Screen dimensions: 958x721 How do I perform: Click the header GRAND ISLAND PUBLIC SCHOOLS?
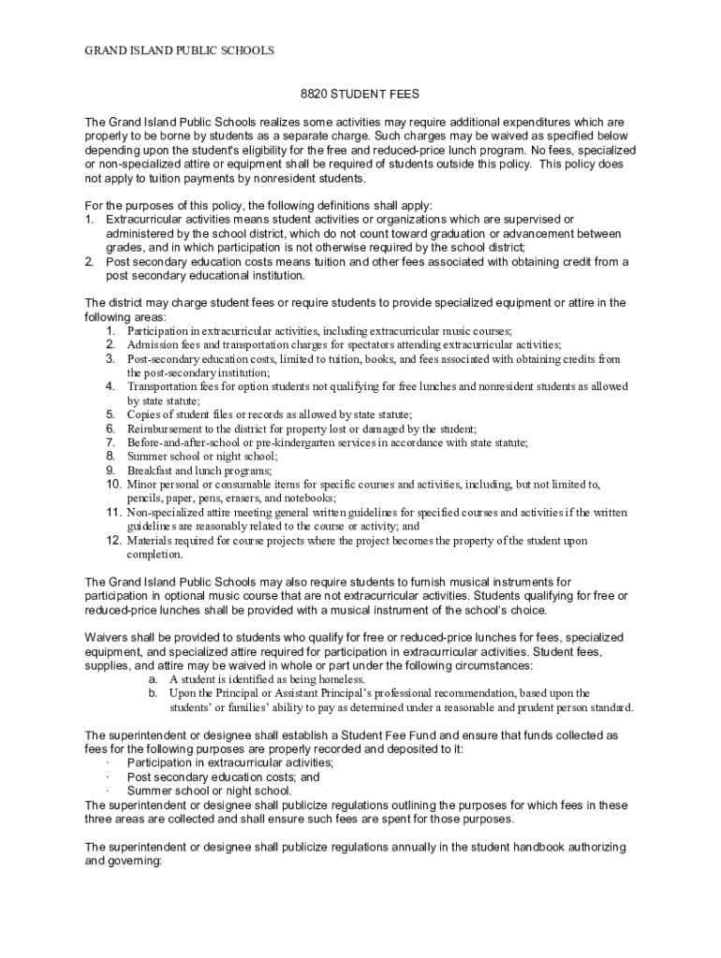pos(168,51)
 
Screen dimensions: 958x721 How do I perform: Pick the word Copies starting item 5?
pos(144,414)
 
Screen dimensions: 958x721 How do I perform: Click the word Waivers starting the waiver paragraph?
pos(108,637)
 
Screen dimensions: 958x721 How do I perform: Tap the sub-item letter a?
pos(152,679)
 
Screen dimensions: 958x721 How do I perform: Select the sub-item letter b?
pos(152,693)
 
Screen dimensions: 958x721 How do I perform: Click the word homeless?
pos(329,679)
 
